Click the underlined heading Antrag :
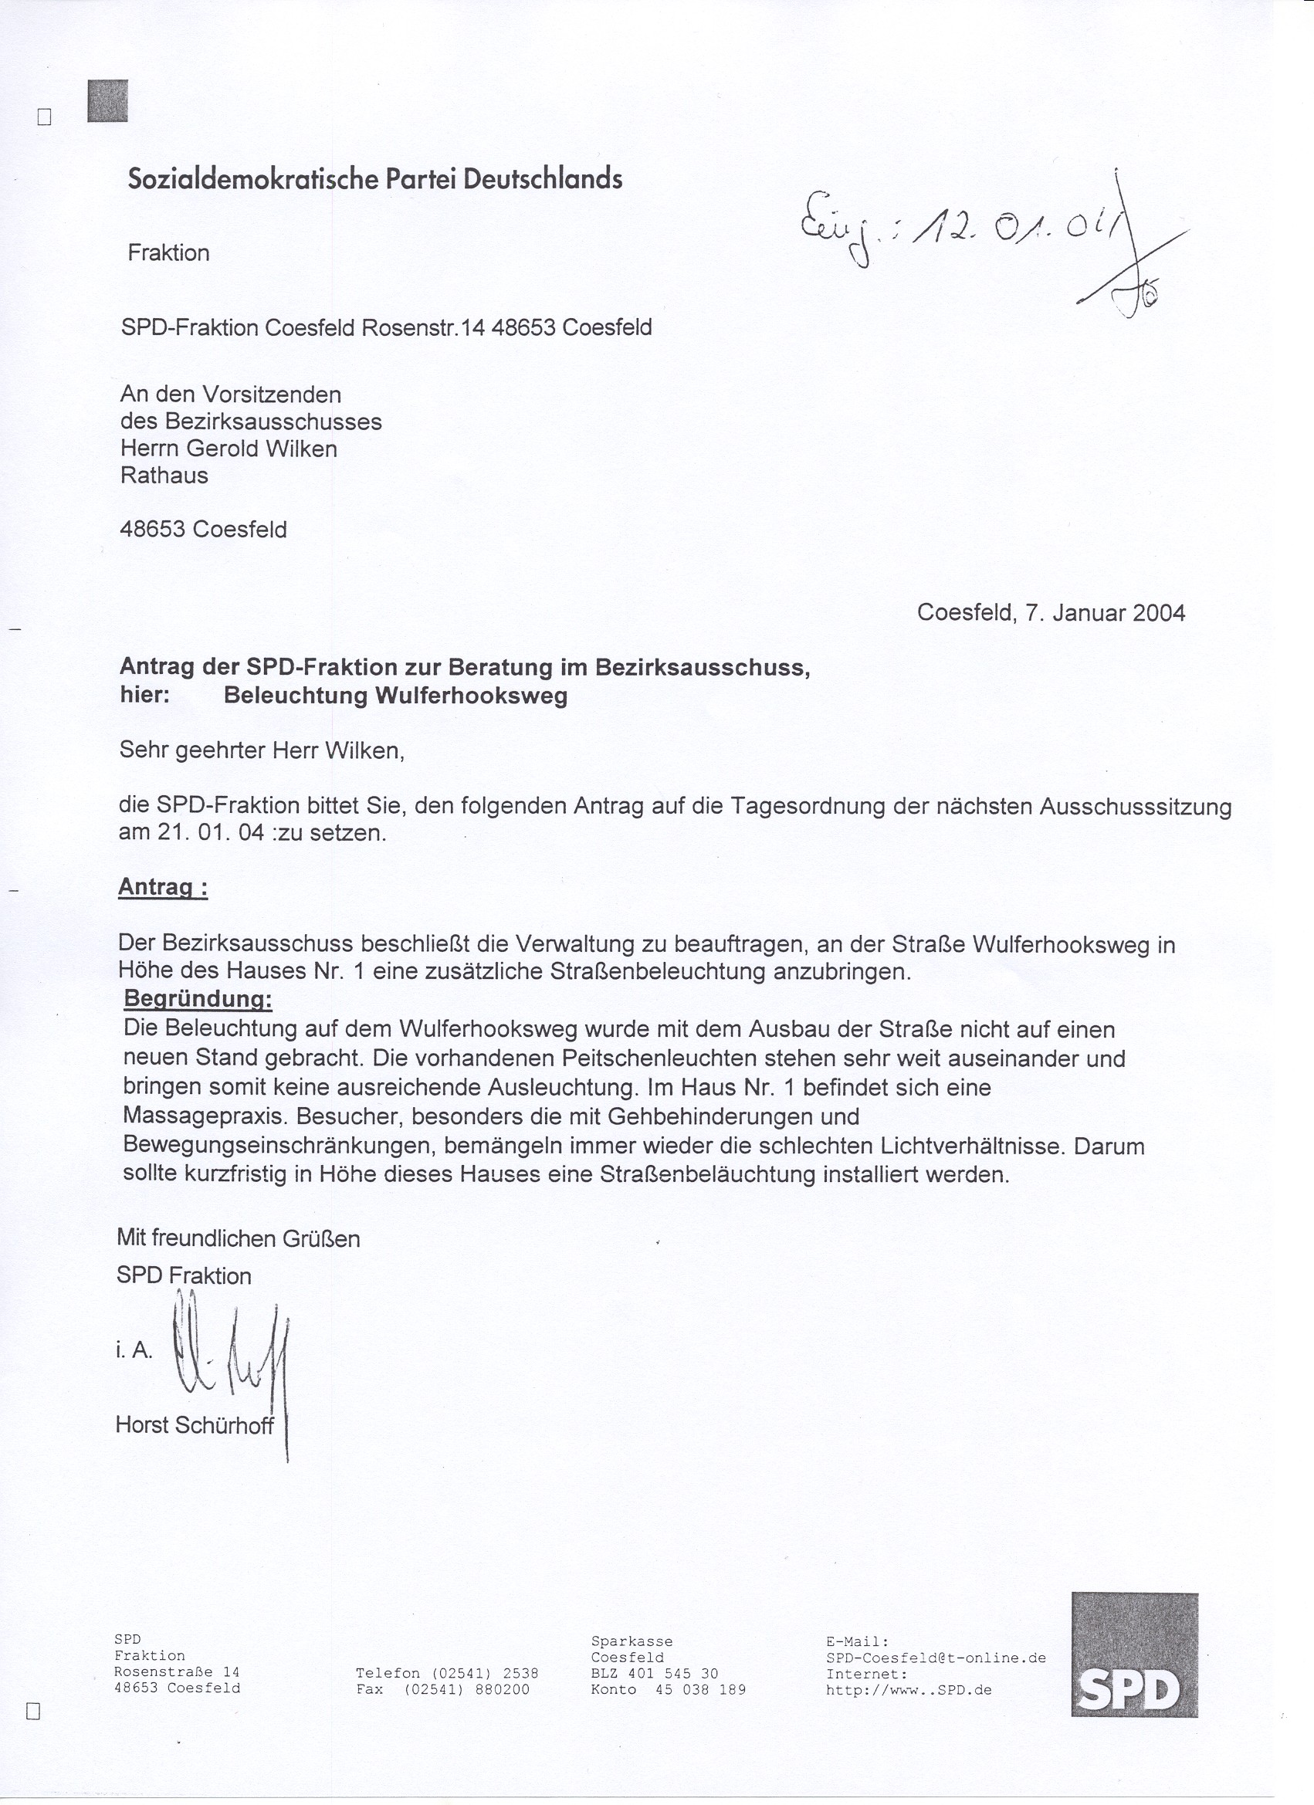(163, 887)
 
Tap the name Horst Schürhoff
(195, 1424)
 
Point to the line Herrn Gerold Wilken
(229, 449)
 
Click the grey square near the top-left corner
(107, 102)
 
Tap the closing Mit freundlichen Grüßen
(238, 1238)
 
